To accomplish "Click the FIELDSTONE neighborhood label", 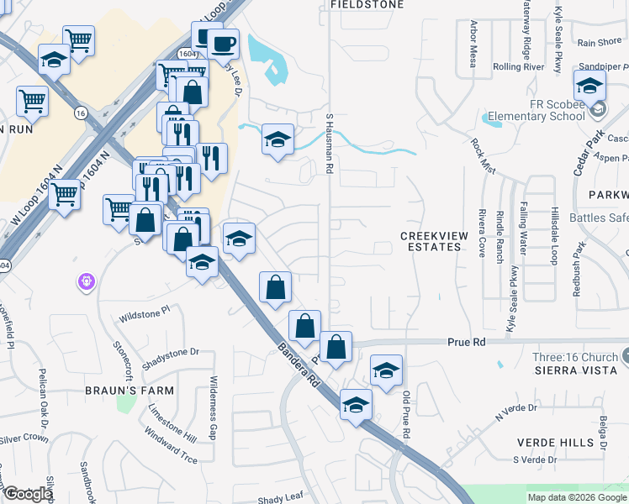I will (x=367, y=5).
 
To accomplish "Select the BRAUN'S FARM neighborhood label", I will (x=129, y=391).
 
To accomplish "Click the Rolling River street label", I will (x=519, y=67).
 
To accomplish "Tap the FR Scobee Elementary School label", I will (x=536, y=110).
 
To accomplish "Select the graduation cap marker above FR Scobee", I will (x=589, y=85).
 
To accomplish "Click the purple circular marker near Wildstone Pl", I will (x=86, y=282).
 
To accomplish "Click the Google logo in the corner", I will (x=28, y=494).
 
